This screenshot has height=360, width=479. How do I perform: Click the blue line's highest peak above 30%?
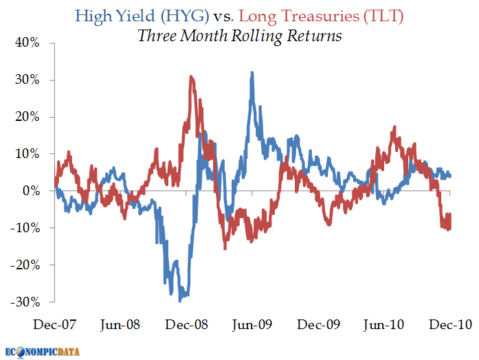click(x=252, y=72)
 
